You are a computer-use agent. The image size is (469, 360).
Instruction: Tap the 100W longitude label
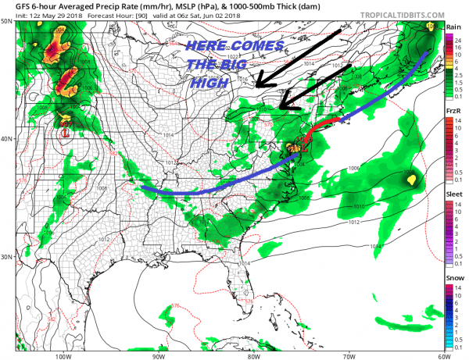(64, 355)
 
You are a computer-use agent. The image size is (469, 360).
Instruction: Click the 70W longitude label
(348, 355)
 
